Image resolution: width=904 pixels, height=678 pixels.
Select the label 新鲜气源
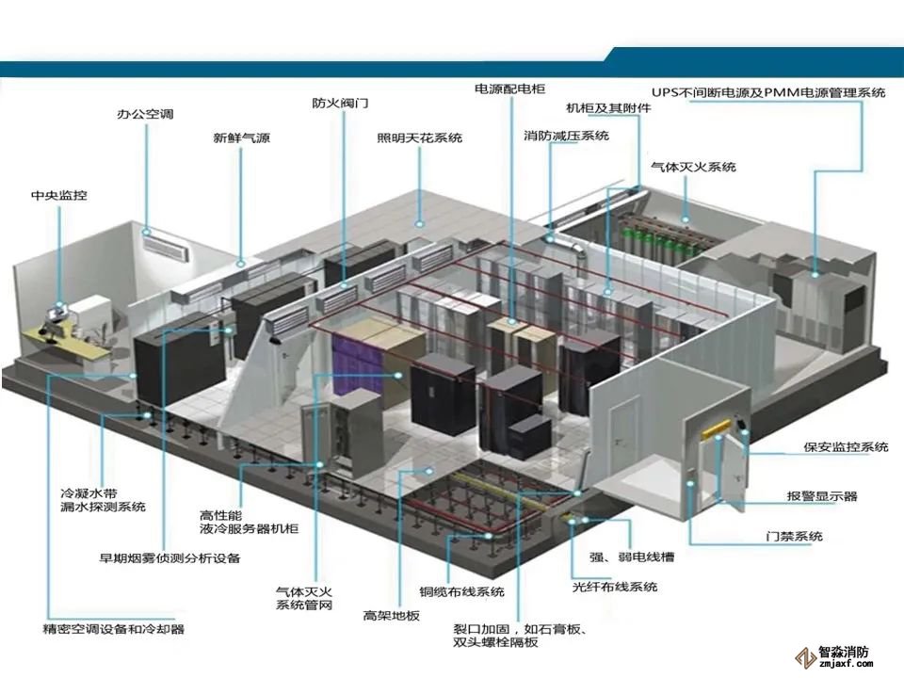[241, 137]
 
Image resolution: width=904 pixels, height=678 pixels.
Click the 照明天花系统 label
[419, 137]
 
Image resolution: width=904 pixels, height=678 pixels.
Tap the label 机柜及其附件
[608, 107]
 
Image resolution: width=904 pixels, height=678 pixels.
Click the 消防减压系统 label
[567, 136]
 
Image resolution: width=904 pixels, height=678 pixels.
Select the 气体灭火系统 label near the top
[693, 167]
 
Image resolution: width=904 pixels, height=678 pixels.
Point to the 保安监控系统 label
[846, 447]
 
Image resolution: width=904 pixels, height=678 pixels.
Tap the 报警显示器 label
[822, 495]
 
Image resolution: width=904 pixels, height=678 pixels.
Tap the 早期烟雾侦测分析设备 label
[169, 557]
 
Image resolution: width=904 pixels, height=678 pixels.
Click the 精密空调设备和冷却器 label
[114, 628]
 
